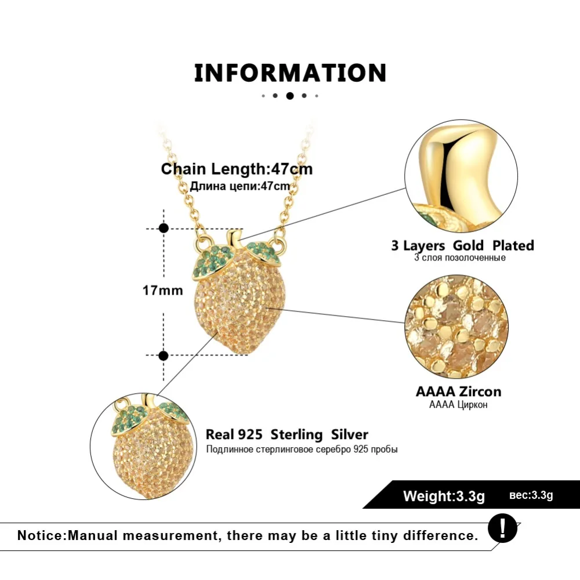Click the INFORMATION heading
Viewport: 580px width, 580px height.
coord(290,73)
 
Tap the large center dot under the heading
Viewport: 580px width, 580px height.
coord(289,96)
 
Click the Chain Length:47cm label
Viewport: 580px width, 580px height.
coord(237,169)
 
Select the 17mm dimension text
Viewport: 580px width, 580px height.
coord(163,291)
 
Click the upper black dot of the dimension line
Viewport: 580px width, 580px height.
coord(164,229)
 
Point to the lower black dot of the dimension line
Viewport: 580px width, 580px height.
coord(164,355)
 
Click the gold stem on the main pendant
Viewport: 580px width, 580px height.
coord(234,238)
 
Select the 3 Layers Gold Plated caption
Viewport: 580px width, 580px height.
coord(462,245)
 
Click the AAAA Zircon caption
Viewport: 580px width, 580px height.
coord(458,391)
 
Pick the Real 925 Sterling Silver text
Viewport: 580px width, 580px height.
coord(287,434)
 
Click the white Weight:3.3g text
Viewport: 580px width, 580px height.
coord(444,496)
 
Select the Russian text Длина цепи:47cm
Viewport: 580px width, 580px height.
coord(240,186)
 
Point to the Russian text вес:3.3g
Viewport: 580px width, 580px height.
coord(531,495)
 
